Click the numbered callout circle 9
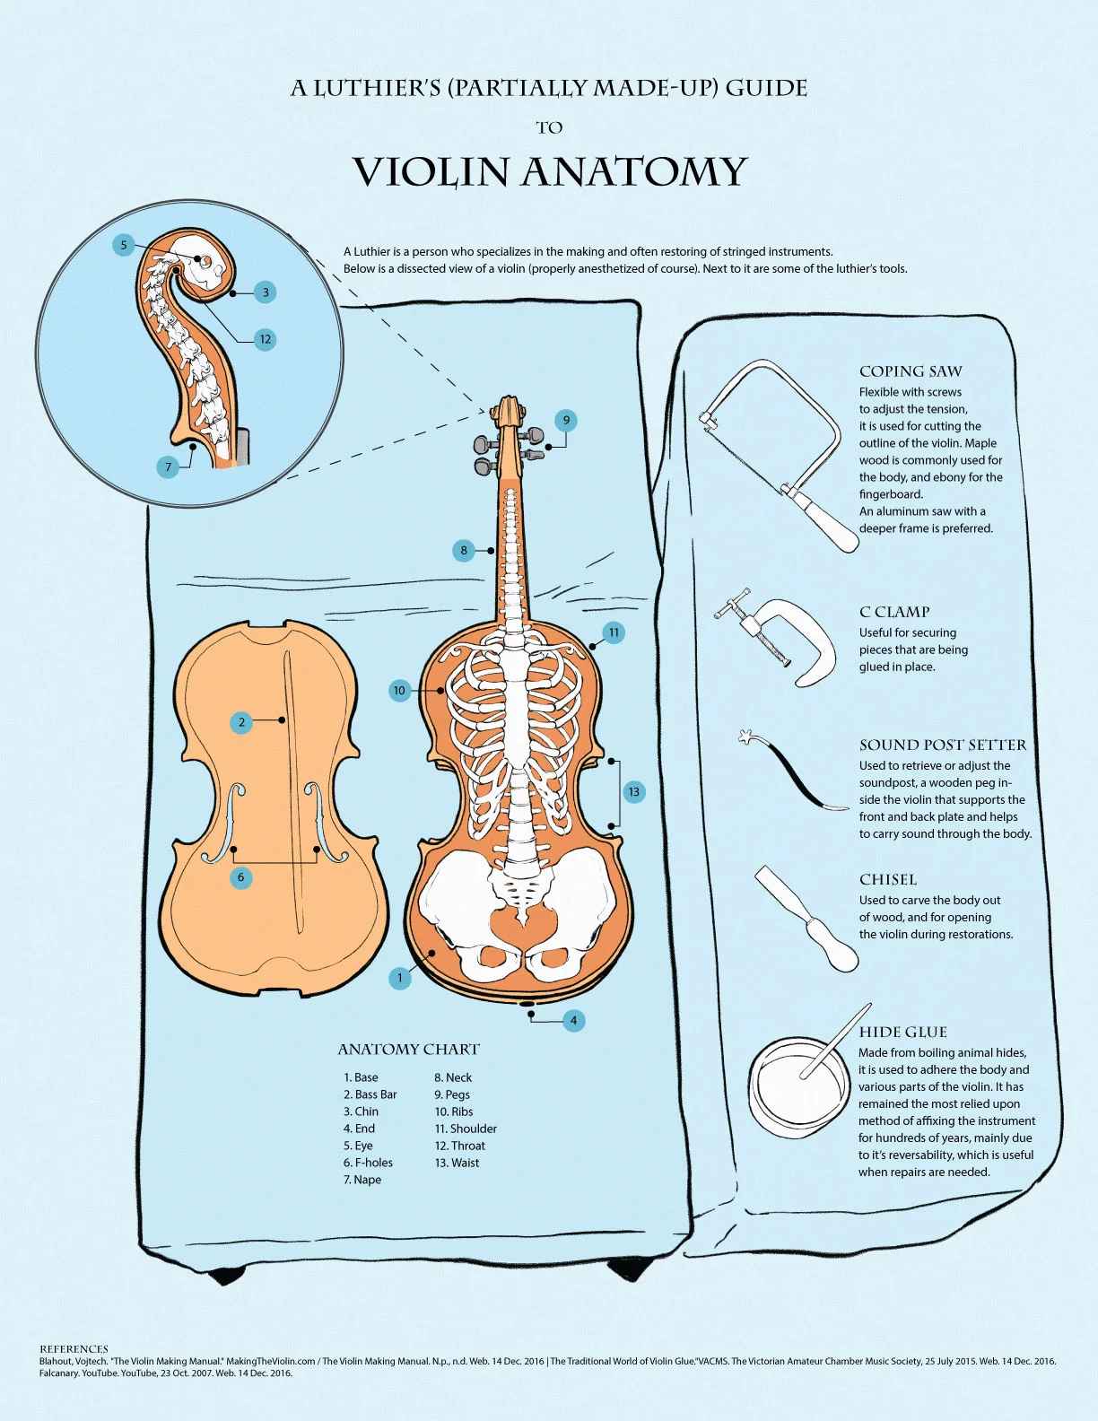tap(565, 420)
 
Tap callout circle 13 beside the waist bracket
tap(634, 791)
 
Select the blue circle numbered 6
tap(240, 877)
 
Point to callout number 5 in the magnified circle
tap(124, 245)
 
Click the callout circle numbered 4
tap(573, 1020)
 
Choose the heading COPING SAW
tap(911, 371)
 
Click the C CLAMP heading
tap(894, 612)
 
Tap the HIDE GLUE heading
tap(902, 1032)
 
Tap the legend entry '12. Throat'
tap(459, 1146)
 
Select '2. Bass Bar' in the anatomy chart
tap(370, 1094)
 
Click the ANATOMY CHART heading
tap(408, 1050)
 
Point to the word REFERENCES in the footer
tap(74, 1348)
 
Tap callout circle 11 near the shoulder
tap(614, 632)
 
